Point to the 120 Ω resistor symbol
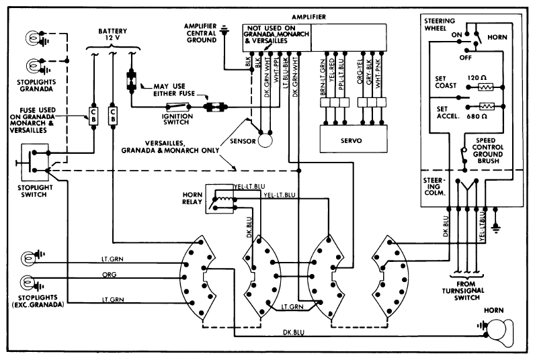click(x=486, y=87)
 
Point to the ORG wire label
click(x=110, y=275)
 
